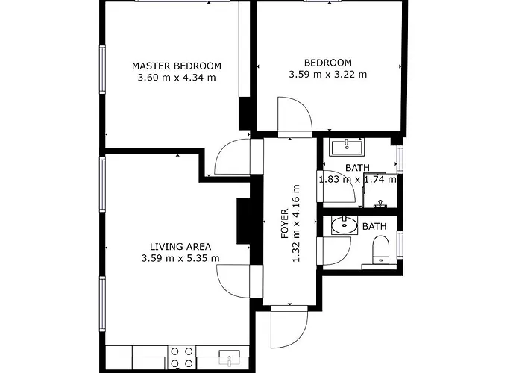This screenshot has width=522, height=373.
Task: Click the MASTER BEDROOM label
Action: [x=177, y=66]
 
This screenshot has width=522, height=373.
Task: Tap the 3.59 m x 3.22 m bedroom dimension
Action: [x=327, y=74]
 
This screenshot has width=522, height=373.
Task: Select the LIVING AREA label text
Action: [x=180, y=247]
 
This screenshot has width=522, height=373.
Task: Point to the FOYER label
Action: [x=284, y=223]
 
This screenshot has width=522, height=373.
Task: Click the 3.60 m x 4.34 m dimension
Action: [x=177, y=78]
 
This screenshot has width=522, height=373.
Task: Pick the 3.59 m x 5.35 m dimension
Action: [x=180, y=259]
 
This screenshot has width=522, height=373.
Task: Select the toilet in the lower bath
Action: [x=381, y=248]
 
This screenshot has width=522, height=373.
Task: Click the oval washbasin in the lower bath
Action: [x=344, y=225]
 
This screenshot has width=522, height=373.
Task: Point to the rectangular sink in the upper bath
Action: [x=345, y=145]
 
